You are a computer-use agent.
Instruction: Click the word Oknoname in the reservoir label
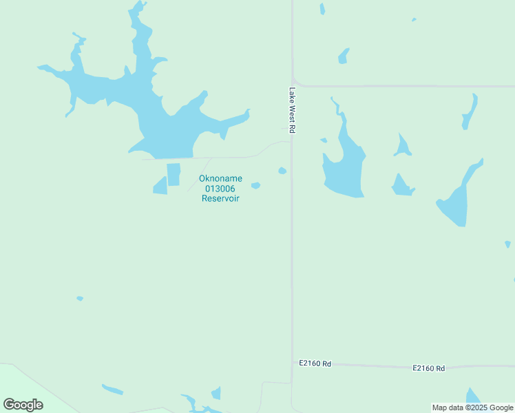pos(220,178)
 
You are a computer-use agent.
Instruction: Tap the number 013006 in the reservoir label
pos(220,189)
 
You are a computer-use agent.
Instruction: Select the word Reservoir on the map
pos(220,198)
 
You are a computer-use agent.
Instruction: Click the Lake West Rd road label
pos(292,110)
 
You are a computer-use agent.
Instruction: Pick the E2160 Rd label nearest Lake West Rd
pos(315,363)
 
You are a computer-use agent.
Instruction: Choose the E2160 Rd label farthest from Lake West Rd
pos(428,368)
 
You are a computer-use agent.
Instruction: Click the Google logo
pos(23,404)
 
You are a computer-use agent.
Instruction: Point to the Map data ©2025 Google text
pos(472,407)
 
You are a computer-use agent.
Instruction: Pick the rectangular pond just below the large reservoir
pos(174,173)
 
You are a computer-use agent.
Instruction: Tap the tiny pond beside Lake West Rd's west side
pos(282,171)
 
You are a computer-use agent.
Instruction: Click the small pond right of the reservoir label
pos(255,185)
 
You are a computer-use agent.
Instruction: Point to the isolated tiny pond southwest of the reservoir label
pos(80,298)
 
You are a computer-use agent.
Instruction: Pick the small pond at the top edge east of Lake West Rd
pos(322,8)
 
